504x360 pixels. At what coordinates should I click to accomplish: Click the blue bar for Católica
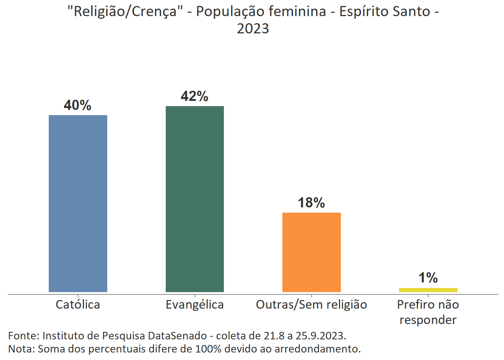click(x=78, y=203)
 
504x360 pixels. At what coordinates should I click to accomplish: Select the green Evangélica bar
click(x=195, y=199)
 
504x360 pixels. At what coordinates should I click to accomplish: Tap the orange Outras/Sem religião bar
click(x=311, y=252)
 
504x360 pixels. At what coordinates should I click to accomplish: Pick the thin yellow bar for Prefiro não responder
click(x=428, y=290)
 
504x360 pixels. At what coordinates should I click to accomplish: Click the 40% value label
click(x=78, y=105)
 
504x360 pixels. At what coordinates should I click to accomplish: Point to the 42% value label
click(x=195, y=96)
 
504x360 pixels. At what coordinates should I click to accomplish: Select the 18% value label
click(x=311, y=203)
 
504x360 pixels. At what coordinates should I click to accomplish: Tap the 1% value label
click(x=428, y=278)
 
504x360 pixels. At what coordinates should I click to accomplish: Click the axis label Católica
click(x=78, y=304)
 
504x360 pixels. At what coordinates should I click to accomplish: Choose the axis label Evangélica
click(x=195, y=304)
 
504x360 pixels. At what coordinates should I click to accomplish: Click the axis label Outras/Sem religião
click(x=311, y=304)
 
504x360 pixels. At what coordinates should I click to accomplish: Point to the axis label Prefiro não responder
click(x=428, y=312)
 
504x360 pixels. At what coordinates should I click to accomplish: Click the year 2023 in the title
click(x=253, y=28)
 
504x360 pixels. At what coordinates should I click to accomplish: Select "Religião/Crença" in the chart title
click(x=125, y=12)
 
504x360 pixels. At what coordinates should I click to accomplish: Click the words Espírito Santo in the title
click(x=385, y=12)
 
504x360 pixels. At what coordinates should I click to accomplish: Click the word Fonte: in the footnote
click(x=24, y=335)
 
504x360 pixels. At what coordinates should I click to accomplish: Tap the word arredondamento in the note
click(x=317, y=349)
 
